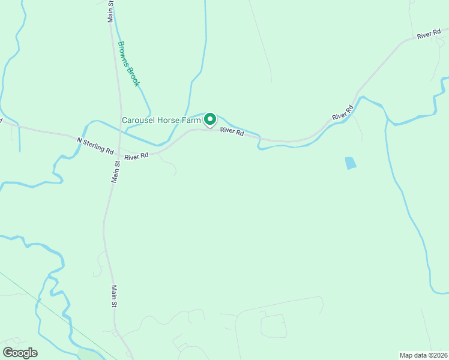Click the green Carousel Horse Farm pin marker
pos(210,119)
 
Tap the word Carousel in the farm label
pos(138,120)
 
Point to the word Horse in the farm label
pos(169,120)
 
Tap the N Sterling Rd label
pos(95,145)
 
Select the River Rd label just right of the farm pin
pos(232,131)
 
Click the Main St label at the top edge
pos(111,11)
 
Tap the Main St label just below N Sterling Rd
pos(116,171)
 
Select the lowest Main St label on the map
pos(113,297)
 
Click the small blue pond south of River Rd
pos(349,162)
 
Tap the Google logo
pos(20,353)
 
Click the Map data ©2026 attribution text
pos(423,355)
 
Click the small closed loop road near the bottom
pos(273,325)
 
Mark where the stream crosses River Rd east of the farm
pos(259,140)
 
